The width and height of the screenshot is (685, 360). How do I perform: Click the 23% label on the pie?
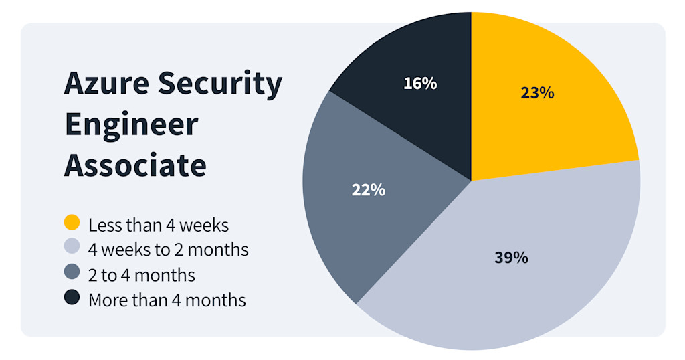coord(537,93)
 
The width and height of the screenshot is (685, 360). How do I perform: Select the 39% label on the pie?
coord(512,258)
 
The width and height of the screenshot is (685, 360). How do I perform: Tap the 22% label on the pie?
coord(369,189)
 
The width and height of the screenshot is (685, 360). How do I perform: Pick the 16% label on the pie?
coord(420,84)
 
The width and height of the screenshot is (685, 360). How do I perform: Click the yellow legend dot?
coord(72,222)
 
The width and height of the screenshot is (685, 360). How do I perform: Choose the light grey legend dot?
coord(72,248)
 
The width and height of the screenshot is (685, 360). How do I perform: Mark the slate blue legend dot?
coord(72,273)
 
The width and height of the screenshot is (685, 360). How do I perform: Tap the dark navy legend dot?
coord(72,298)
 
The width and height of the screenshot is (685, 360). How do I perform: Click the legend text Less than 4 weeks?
coord(159,225)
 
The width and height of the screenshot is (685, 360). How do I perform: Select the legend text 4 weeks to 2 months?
coord(169,250)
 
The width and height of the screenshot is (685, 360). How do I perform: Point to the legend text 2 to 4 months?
coord(142,275)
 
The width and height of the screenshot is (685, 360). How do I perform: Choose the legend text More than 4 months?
coord(167,300)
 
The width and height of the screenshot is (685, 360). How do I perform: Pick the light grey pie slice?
coord(522,281)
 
